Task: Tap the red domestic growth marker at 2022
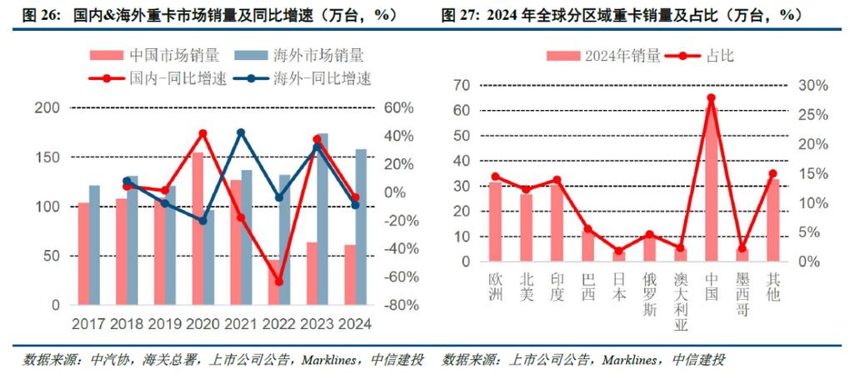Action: pyautogui.click(x=279, y=282)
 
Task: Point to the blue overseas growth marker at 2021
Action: pyautogui.click(x=241, y=133)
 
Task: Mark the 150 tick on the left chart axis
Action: pyautogui.click(x=49, y=158)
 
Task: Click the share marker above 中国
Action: pyautogui.click(x=711, y=98)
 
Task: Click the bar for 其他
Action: pyautogui.click(x=772, y=220)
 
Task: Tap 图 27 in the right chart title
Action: pyautogui.click(x=459, y=15)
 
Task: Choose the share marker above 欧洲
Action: pyautogui.click(x=495, y=177)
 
